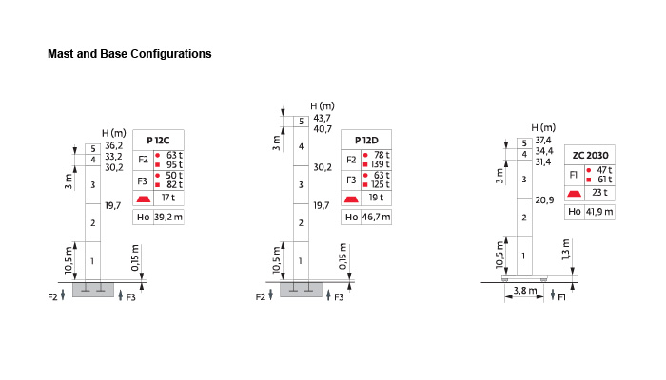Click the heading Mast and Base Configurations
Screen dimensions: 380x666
click(x=129, y=54)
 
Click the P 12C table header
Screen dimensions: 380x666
click(x=159, y=140)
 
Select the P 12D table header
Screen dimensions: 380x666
click(x=366, y=140)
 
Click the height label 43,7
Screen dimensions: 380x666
click(x=323, y=119)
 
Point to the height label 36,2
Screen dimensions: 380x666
click(x=113, y=145)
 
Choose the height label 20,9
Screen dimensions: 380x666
click(x=544, y=199)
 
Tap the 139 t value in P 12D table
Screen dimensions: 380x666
click(x=382, y=164)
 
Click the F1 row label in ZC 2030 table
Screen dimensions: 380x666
click(x=574, y=175)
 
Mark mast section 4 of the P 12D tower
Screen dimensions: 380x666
click(x=301, y=146)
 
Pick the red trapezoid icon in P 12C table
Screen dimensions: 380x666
click(x=144, y=199)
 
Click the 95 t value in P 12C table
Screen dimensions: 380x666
click(x=173, y=164)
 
